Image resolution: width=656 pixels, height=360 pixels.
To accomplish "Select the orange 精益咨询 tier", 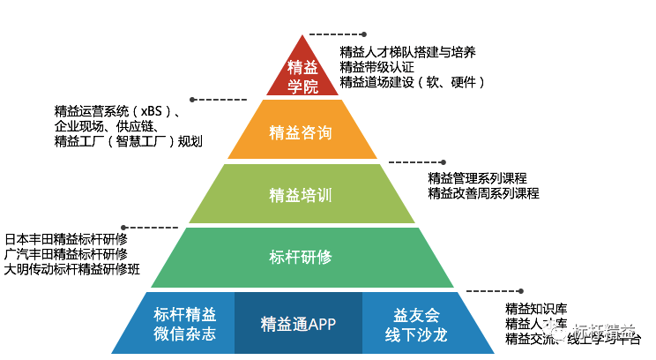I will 302,133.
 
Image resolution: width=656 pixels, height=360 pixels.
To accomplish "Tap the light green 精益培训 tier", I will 301,194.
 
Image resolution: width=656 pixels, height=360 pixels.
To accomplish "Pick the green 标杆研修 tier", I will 301,257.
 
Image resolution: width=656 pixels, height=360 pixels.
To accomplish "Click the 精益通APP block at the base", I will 299,323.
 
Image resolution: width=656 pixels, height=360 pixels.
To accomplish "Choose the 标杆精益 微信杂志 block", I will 184,324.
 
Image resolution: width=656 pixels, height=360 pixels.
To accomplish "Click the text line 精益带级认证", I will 376,67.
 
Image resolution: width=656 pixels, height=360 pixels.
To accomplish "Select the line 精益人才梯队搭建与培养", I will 408,52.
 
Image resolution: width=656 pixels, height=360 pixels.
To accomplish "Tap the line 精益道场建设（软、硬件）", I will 413,82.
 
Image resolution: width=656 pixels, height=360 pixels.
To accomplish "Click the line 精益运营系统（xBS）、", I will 119,112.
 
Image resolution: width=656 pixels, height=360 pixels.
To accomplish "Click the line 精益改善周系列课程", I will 483,193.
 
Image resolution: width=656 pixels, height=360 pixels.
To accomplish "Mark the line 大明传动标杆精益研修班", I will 71,269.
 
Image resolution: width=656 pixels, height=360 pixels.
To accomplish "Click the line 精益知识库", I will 536,309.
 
